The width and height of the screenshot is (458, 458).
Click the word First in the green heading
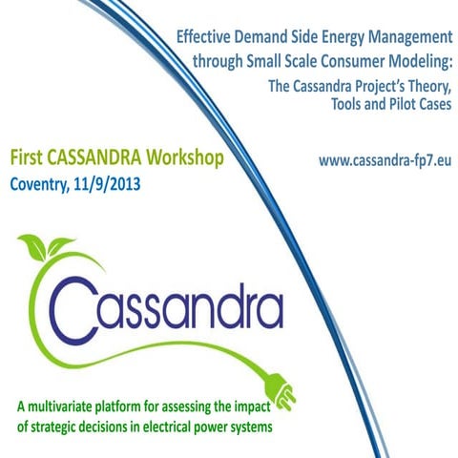29,156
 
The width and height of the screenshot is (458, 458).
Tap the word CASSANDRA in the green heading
99,156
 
